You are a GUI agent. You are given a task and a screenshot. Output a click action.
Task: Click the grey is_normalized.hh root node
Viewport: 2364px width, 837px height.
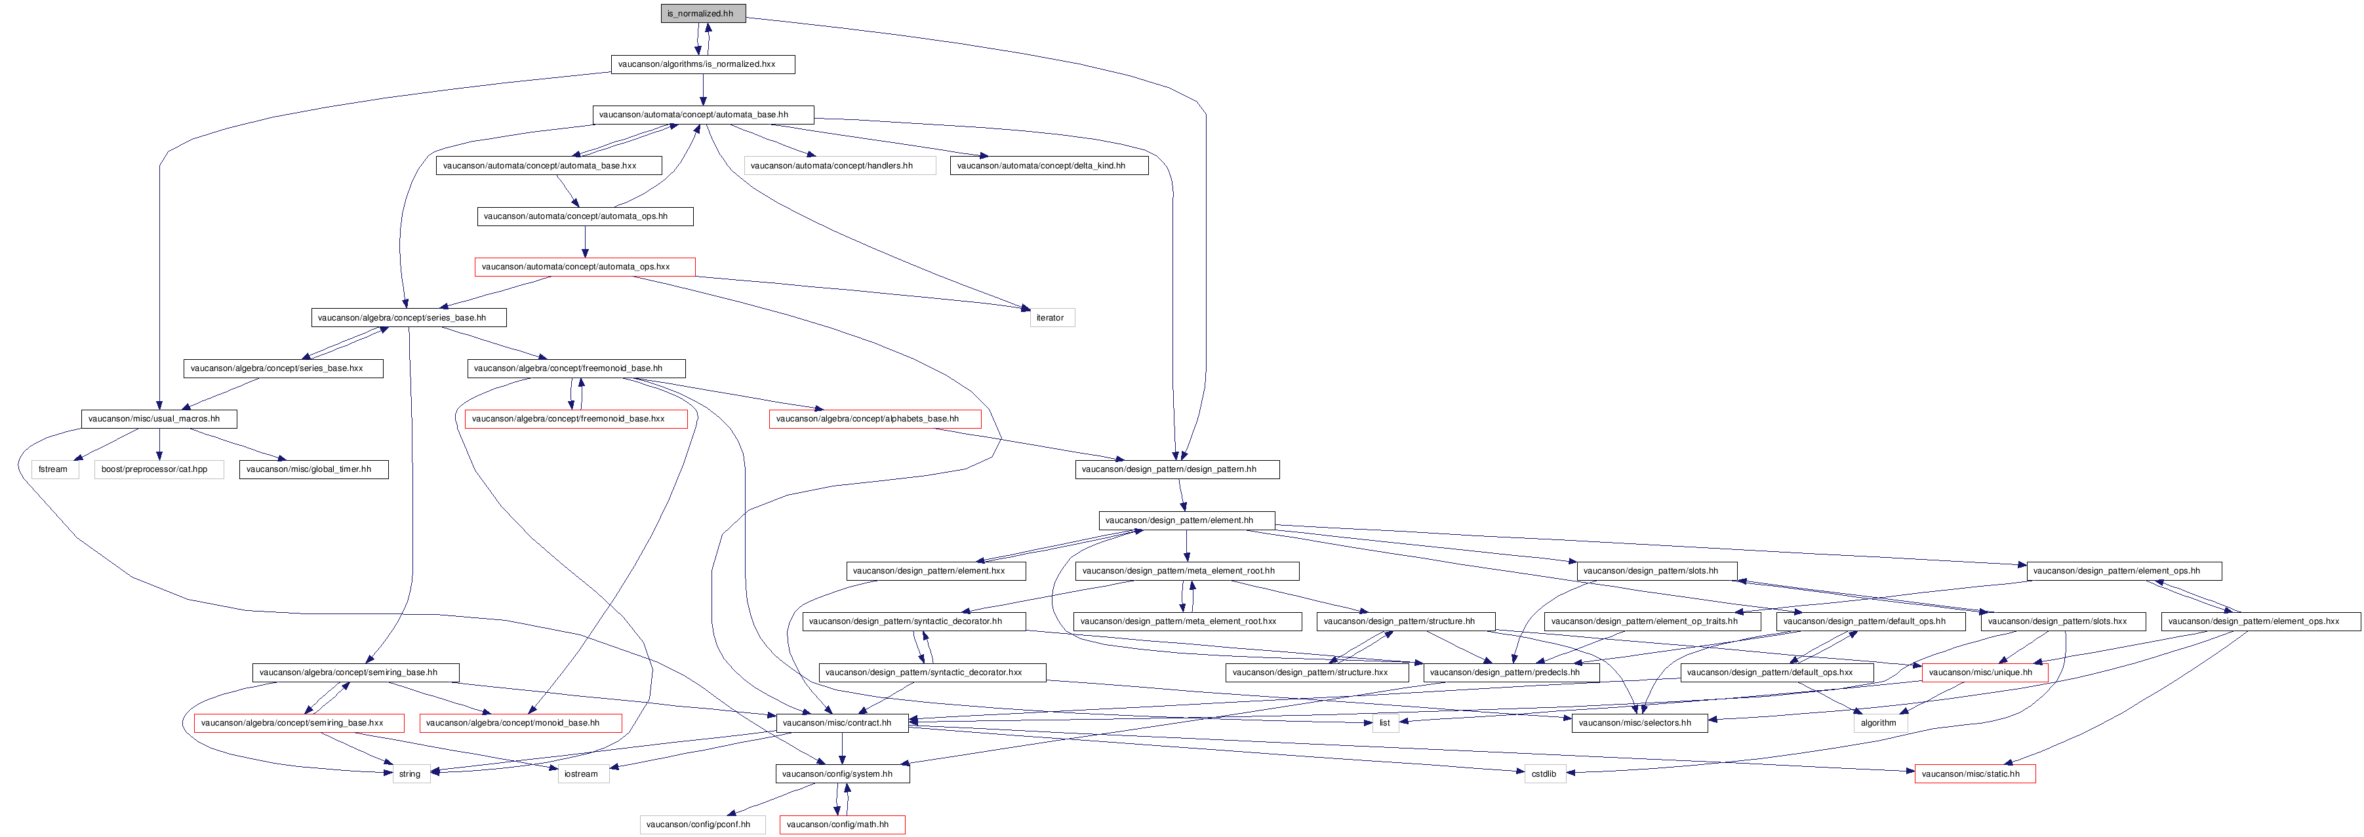[702, 14]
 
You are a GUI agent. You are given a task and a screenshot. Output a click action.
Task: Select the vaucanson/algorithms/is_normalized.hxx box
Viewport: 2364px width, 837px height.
[702, 64]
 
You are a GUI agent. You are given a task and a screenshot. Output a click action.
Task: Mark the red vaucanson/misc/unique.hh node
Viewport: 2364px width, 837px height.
[1984, 672]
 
